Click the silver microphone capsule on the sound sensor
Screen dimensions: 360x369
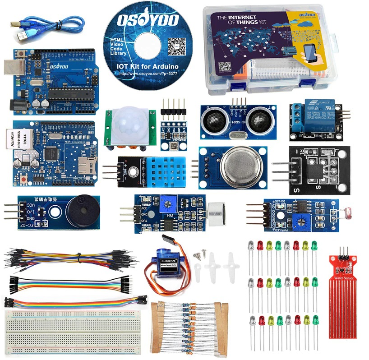coord(219,212)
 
